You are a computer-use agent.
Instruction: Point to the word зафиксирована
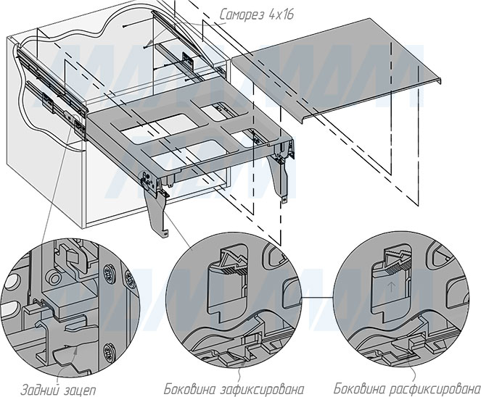tap(255, 386)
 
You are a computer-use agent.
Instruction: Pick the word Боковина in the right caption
tap(359, 385)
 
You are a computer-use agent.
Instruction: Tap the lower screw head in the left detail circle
tap(110, 353)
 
